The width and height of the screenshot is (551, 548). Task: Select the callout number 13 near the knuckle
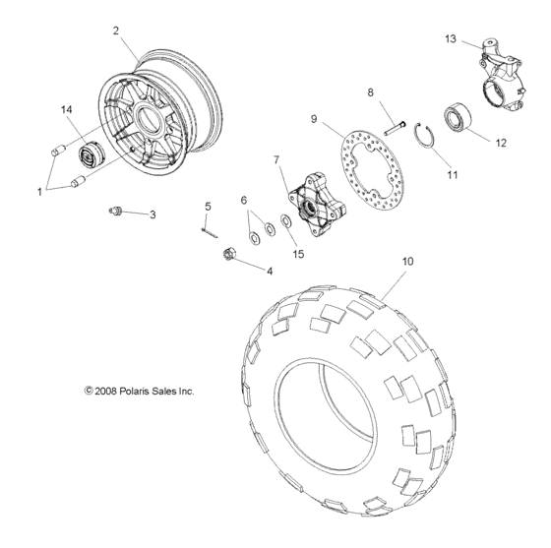(451, 39)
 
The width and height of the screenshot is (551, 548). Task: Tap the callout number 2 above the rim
(117, 31)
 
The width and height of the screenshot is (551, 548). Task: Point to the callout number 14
(67, 109)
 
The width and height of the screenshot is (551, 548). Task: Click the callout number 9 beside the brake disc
(314, 119)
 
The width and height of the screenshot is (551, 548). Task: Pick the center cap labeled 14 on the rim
(96, 155)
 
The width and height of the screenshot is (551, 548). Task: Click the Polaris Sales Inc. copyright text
(140, 391)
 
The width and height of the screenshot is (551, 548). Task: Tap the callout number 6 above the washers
(243, 200)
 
